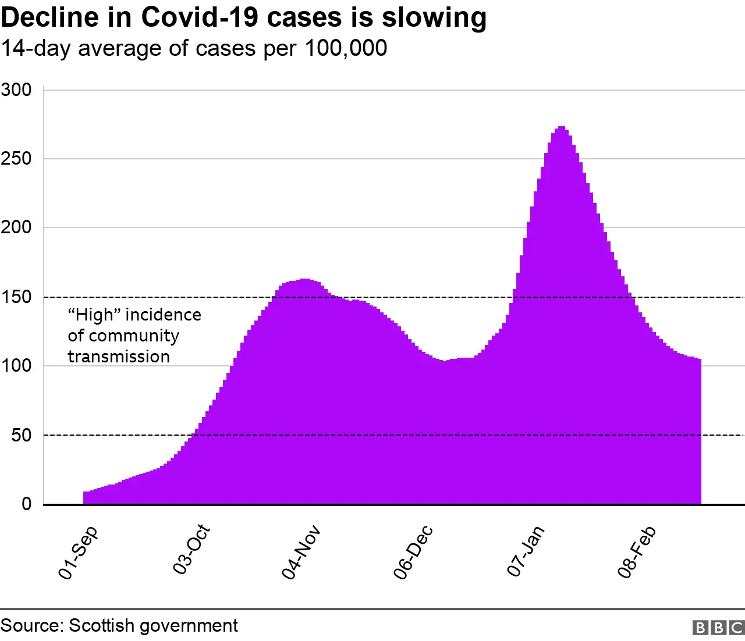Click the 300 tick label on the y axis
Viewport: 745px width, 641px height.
(16, 90)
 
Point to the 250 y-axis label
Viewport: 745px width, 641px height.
(16, 159)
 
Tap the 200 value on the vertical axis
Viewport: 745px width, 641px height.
(16, 227)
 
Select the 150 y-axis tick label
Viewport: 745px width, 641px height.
(16, 297)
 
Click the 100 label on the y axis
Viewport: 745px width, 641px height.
(16, 366)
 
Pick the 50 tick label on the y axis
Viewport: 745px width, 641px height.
(22, 435)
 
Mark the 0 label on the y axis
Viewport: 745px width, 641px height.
(27, 504)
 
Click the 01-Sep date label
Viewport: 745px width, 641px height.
(79, 553)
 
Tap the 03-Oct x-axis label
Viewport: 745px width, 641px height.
(191, 550)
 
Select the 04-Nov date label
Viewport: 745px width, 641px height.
(301, 552)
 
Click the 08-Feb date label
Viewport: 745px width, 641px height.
(637, 552)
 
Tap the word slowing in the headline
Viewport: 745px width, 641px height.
(434, 17)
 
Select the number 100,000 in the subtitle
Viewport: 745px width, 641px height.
(346, 48)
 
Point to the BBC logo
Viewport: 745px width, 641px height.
(718, 628)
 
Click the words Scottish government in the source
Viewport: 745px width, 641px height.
(153, 625)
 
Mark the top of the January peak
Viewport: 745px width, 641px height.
(561, 127)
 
